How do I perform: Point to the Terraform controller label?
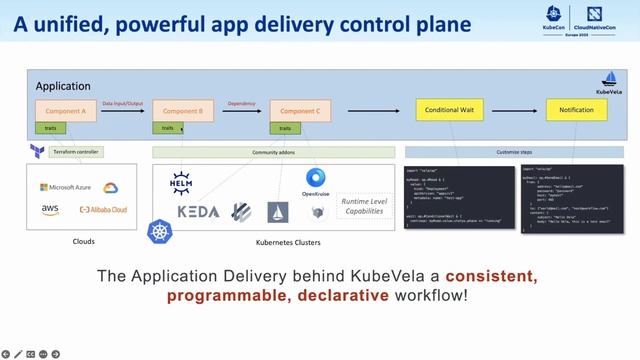point(76,152)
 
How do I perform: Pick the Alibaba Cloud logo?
point(102,209)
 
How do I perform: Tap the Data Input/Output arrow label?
point(122,102)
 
